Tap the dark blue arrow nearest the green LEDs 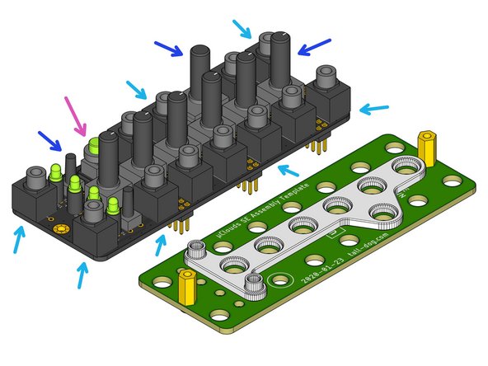coord(48,141)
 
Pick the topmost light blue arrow coord(242,29)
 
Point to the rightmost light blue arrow coord(374,108)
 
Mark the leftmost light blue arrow coord(18,240)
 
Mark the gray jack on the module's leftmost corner coord(35,177)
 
